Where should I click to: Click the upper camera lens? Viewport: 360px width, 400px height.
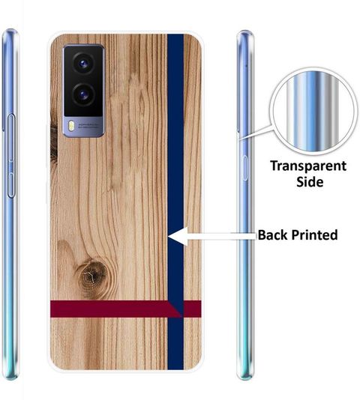83,64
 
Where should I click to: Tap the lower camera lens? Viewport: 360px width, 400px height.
83,95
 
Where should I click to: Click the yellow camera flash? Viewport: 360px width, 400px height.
70,126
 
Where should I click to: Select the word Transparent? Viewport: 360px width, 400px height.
308,166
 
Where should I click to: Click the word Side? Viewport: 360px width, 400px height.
310,182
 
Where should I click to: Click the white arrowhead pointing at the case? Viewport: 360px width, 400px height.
178,237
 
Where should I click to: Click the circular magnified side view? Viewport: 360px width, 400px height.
313,111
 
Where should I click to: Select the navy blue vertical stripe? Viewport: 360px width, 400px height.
175,201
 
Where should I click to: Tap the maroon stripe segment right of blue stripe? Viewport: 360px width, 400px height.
193,309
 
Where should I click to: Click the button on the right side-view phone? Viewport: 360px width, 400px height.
245,168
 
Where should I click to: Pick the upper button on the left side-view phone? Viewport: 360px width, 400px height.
11,138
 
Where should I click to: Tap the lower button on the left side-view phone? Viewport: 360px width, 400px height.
10,185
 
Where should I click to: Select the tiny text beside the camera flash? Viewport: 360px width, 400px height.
88,126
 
